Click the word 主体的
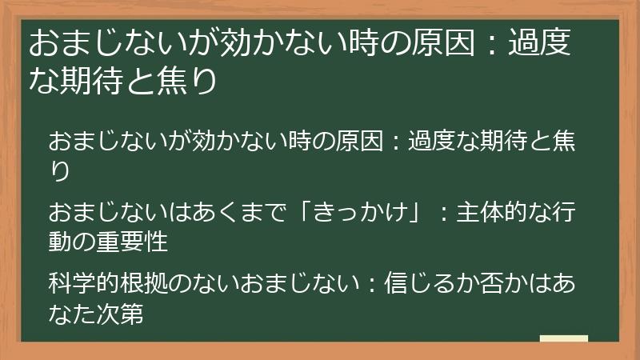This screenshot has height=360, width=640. tap(498, 214)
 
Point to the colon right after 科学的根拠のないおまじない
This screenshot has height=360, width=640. tap(371, 285)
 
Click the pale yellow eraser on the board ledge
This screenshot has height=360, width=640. tap(564, 338)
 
